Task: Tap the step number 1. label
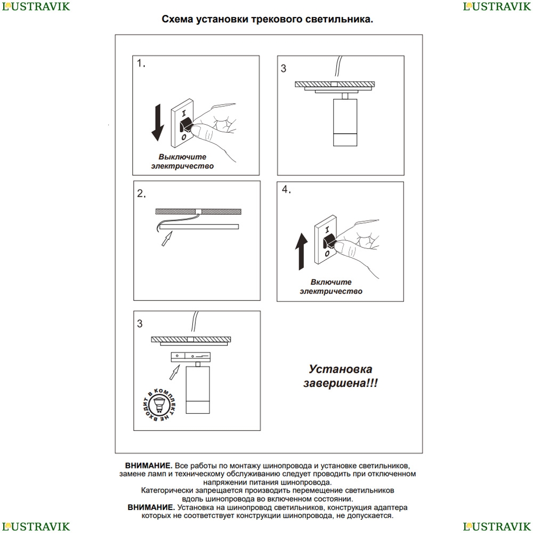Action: [x=141, y=63]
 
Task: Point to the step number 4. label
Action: [x=287, y=190]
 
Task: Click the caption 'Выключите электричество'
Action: [x=182, y=161]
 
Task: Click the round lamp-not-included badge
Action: [x=158, y=403]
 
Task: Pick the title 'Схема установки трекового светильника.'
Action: [x=267, y=20]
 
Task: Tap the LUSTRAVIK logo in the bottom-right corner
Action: [x=497, y=526]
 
